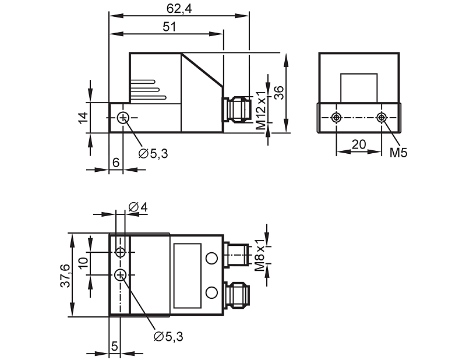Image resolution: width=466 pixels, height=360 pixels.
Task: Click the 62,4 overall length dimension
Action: pyautogui.click(x=179, y=9)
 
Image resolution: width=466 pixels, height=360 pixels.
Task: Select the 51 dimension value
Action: pyautogui.click(x=170, y=27)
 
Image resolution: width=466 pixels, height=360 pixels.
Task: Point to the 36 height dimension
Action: pyautogui.click(x=279, y=93)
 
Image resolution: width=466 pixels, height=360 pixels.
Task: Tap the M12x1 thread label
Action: pyautogui.click(x=261, y=110)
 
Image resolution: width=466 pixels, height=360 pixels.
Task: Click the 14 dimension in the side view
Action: pyautogui.click(x=84, y=118)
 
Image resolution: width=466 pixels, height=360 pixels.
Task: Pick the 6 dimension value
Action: pyautogui.click(x=116, y=163)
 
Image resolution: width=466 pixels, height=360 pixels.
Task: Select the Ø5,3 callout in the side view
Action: pyautogui.click(x=153, y=153)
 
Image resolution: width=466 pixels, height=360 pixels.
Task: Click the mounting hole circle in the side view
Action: pyautogui.click(x=122, y=118)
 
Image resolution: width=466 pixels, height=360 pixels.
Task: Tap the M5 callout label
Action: pyautogui.click(x=398, y=153)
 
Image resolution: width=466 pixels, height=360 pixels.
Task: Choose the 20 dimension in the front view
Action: pyautogui.click(x=359, y=144)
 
